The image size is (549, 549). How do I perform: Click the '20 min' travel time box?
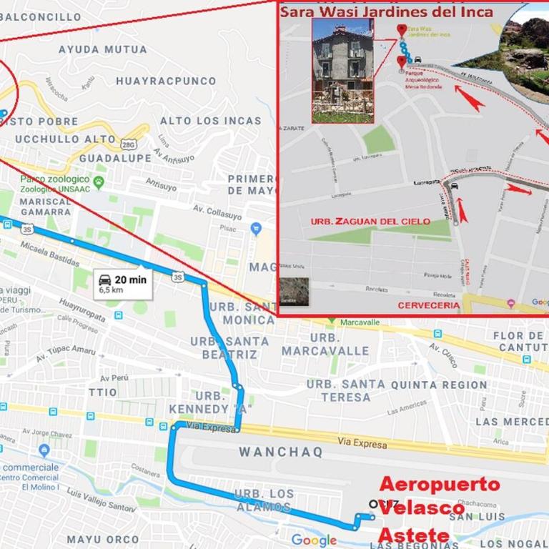click(x=123, y=284)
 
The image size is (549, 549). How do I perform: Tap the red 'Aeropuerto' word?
click(x=439, y=485)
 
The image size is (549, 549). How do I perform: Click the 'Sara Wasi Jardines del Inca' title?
click(x=386, y=11)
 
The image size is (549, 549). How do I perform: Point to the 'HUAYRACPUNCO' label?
click(x=166, y=81)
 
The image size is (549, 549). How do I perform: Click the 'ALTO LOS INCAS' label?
click(x=210, y=121)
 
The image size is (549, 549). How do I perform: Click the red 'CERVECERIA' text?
click(x=427, y=305)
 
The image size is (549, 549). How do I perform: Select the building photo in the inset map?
click(x=342, y=70)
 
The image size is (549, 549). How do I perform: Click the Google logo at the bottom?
click(x=314, y=540)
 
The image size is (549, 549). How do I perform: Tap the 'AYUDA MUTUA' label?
click(x=103, y=49)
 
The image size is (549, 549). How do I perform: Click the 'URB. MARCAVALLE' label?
click(x=325, y=344)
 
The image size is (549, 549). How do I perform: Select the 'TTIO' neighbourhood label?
click(x=103, y=392)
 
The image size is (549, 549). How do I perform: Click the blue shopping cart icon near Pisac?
click(x=256, y=229)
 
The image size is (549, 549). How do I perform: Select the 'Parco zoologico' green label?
click(x=55, y=179)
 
